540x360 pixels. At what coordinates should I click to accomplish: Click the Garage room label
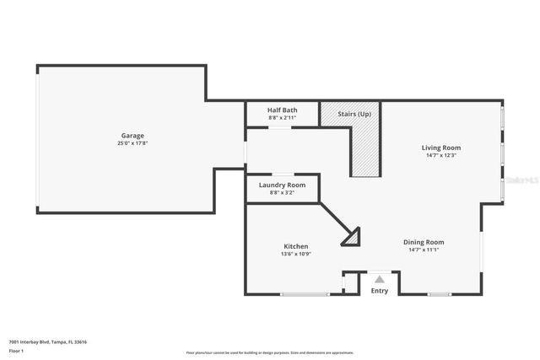[132, 136]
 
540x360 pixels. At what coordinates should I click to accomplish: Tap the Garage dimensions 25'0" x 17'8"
[132, 143]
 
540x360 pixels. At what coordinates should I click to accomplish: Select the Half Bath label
[282, 110]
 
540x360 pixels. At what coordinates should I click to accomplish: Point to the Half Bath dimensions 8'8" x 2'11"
[282, 117]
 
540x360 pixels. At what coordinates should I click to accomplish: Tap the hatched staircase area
[365, 152]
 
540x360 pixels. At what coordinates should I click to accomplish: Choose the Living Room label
[441, 148]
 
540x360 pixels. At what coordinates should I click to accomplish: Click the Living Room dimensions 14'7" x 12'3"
[441, 155]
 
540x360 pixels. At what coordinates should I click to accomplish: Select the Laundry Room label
[282, 185]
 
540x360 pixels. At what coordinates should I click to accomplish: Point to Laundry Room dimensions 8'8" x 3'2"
[282, 192]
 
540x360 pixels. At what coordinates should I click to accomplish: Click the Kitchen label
[295, 246]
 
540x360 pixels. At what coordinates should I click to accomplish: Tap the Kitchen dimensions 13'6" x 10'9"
[295, 254]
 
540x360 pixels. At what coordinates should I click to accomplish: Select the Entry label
[380, 291]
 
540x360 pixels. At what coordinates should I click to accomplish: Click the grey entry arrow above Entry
[380, 279]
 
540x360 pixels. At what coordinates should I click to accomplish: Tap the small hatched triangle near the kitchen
[352, 239]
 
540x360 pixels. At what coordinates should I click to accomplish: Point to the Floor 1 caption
[16, 351]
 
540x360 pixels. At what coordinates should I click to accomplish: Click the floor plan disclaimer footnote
[269, 352]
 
